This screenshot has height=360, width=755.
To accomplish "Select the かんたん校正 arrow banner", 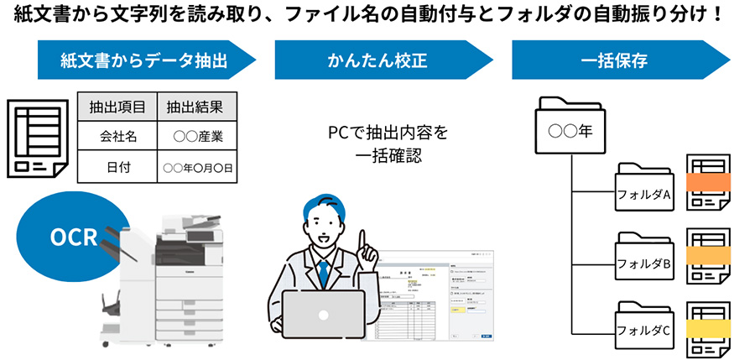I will coord(377,60).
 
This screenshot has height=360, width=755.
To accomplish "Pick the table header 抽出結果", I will coord(195,107).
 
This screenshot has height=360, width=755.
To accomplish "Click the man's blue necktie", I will coord(322,273).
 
